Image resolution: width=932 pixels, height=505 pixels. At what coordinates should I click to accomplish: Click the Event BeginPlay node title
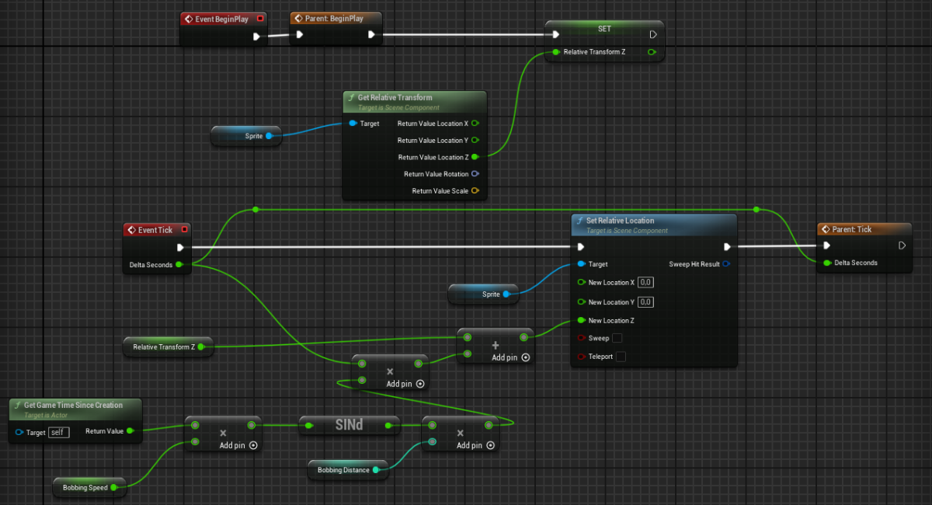click(221, 19)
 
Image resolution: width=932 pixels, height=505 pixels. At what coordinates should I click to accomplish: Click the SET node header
click(604, 29)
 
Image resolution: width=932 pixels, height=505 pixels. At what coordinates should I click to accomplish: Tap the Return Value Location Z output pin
click(475, 157)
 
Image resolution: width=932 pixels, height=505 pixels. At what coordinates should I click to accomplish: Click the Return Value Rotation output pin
click(475, 174)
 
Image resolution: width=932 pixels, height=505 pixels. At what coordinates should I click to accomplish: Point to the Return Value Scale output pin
click(475, 191)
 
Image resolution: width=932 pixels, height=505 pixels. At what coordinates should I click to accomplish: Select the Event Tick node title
click(155, 230)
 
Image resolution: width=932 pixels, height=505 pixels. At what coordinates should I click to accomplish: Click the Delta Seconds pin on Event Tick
click(179, 265)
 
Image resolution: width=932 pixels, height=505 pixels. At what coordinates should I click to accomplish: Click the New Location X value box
click(645, 283)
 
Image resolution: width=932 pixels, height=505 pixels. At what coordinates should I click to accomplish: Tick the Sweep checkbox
click(617, 339)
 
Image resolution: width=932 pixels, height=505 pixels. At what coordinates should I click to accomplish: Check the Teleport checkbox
click(621, 357)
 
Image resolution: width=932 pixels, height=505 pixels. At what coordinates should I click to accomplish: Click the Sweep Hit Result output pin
click(725, 264)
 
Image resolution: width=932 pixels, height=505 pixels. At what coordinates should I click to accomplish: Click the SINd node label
click(349, 425)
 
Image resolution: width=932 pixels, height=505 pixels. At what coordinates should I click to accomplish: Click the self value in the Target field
click(58, 432)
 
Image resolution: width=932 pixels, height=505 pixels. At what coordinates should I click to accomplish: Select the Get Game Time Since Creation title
click(73, 406)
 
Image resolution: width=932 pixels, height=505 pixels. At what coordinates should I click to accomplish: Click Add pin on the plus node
click(510, 357)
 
